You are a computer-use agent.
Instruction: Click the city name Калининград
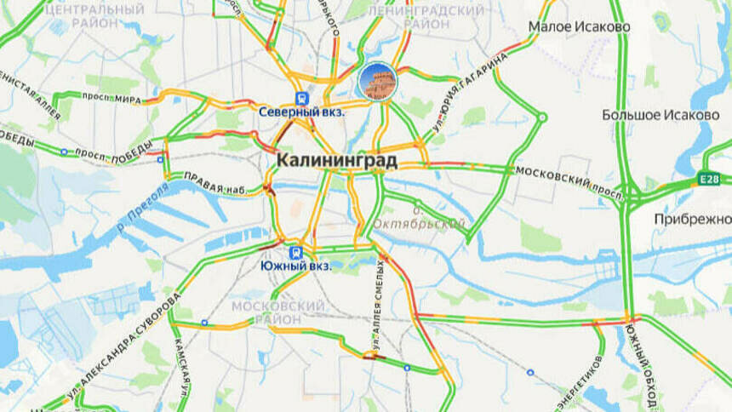tap(336, 160)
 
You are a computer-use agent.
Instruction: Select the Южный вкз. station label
tap(294, 266)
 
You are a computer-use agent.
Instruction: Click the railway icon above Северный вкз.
tap(301, 98)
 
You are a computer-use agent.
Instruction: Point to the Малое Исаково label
tap(579, 26)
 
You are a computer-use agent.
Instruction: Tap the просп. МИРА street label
tap(111, 98)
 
